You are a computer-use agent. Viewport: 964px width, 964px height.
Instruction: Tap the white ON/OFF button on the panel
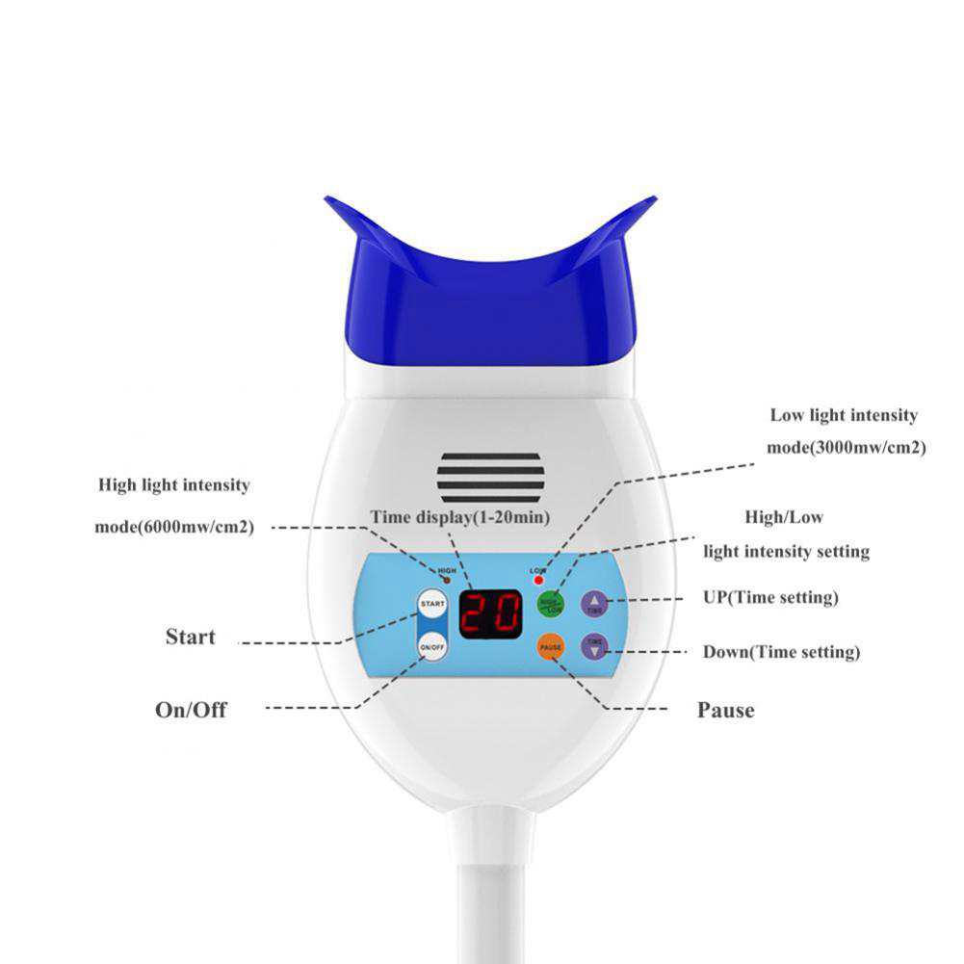pos(432,647)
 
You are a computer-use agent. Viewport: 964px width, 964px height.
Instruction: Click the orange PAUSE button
pos(551,647)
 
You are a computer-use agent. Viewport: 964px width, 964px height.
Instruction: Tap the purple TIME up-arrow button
pos(594,604)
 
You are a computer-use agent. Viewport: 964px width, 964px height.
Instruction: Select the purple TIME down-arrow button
pos(594,646)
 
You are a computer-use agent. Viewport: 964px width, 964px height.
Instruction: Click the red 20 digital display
pos(490,613)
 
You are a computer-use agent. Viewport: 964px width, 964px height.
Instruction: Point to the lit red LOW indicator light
pos(538,581)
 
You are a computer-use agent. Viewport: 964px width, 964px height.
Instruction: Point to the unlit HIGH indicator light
pos(446,581)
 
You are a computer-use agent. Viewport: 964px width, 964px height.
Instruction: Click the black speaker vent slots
pos(490,476)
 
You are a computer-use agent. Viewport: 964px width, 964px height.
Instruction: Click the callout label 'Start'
pos(191,637)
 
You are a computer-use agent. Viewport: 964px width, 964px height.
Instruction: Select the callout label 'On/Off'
pos(192,710)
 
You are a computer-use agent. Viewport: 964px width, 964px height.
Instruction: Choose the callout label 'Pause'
pos(725,711)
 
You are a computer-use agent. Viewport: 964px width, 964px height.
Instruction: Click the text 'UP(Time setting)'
pos(770,597)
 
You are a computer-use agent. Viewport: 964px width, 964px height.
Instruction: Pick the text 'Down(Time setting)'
pos(781,652)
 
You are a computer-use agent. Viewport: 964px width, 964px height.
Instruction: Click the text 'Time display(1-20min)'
pos(460,517)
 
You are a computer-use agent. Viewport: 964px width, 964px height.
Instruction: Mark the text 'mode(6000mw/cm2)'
pos(174,527)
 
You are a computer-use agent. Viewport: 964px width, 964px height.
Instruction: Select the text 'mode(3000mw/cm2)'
pos(846,447)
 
